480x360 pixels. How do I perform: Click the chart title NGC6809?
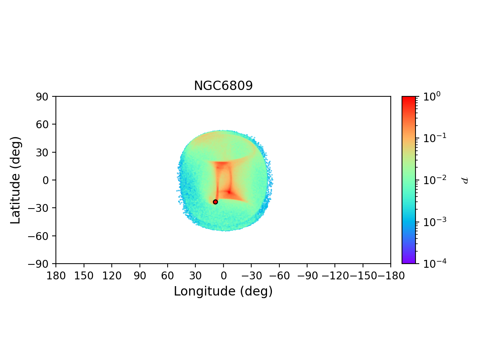point(223,86)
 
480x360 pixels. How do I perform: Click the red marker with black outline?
point(215,202)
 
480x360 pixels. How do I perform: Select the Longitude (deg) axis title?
point(223,291)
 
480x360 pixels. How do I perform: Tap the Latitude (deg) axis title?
point(15,180)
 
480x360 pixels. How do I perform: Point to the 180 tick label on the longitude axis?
point(56,276)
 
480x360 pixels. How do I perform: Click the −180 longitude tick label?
point(390,276)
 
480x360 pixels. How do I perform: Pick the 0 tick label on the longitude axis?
point(223,276)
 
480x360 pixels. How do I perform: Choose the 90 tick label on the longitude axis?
point(139,276)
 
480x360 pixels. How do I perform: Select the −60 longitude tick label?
point(279,276)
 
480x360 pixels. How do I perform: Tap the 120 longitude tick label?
point(112,276)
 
